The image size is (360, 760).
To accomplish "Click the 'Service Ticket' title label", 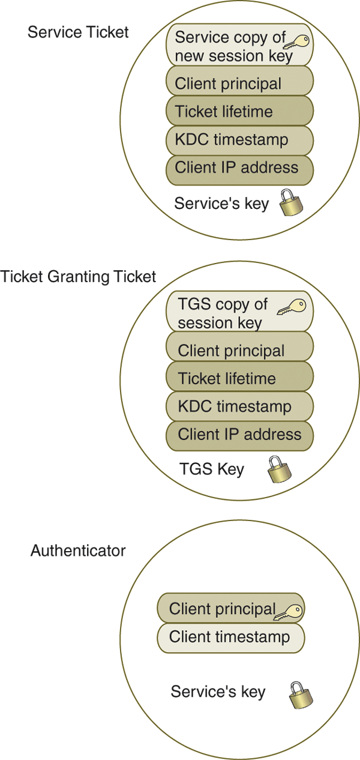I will click(x=78, y=32).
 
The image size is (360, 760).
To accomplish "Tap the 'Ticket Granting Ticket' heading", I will click(x=78, y=277).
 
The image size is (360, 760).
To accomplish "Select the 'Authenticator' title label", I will click(x=78, y=550).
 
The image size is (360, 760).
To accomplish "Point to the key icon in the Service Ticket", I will click(x=296, y=42).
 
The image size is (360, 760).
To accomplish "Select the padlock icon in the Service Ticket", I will click(x=291, y=204).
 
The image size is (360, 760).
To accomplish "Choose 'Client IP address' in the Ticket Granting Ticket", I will click(x=239, y=434).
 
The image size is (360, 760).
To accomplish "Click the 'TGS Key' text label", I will click(x=212, y=469).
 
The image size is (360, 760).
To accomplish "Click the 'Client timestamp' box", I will click(x=230, y=637).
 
